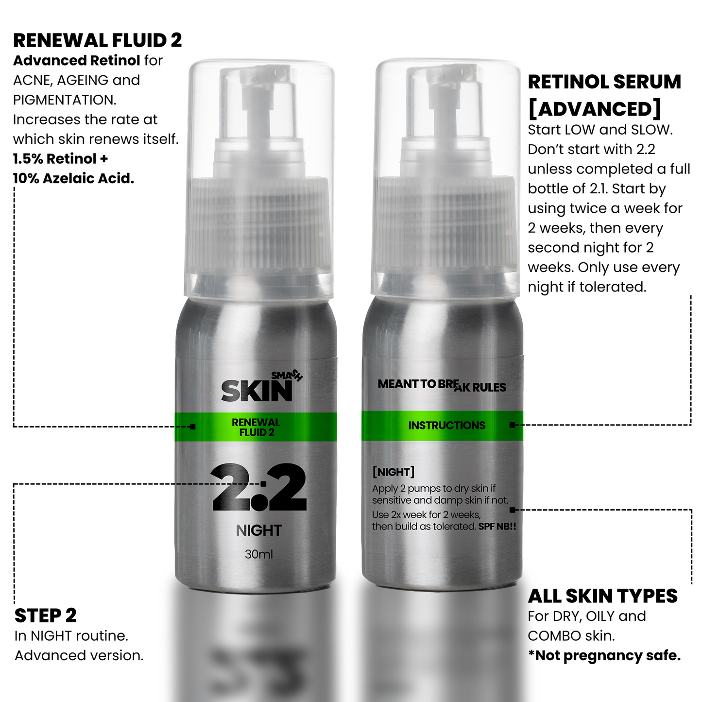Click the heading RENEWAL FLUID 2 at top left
[x=97, y=40]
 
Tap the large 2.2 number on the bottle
[x=259, y=487]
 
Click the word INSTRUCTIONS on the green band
[x=446, y=426]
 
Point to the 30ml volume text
[x=259, y=554]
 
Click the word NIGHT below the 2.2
[x=259, y=531]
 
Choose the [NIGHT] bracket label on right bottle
[x=394, y=472]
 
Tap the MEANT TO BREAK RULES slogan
[x=442, y=385]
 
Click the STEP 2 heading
[x=46, y=616]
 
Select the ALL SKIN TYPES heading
[x=602, y=596]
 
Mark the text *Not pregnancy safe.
[x=604, y=656]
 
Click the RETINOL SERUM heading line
[x=604, y=82]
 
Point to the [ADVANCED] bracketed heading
[x=595, y=109]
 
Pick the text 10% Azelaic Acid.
[x=73, y=178]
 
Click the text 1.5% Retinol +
[x=60, y=159]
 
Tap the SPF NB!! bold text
[x=497, y=527]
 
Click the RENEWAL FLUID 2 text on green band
[x=256, y=428]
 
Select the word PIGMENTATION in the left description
[x=65, y=100]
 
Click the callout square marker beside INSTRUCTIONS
[x=512, y=425]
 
